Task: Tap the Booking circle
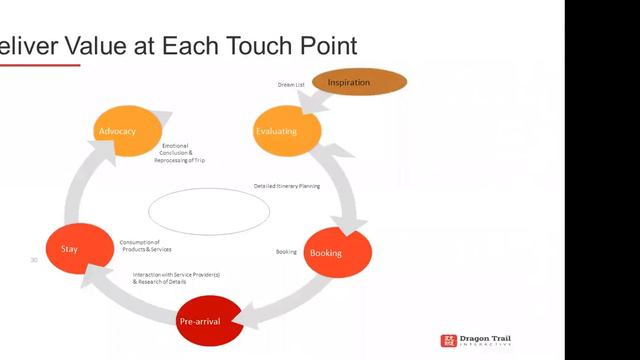pos(336,252)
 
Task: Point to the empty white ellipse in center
pos(209,211)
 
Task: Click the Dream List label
pos(291,85)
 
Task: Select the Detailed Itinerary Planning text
pos(286,186)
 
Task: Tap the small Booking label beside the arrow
pos(286,252)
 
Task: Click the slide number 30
pos(34,260)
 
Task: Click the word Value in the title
pos(87,46)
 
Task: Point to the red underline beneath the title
pos(40,65)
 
